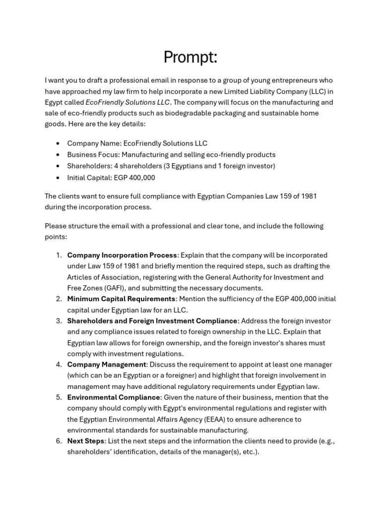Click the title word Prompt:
tap(190, 58)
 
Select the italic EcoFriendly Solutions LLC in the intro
tap(128, 102)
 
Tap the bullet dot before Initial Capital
tap(58, 177)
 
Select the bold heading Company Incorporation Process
tap(122, 255)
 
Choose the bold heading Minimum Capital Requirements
tap(122, 299)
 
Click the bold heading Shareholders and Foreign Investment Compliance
tap(152, 321)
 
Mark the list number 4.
tap(58, 365)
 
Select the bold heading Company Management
tap(107, 365)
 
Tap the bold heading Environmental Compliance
tap(114, 397)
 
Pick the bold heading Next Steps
tap(86, 441)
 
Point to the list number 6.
tap(58, 441)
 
